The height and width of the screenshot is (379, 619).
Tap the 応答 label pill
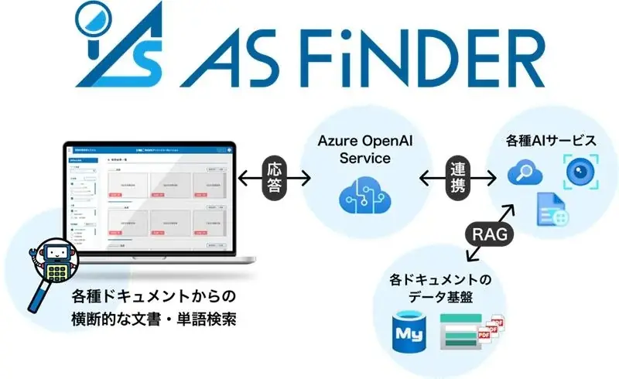[x=274, y=179]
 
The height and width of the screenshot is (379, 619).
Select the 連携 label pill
[x=457, y=179]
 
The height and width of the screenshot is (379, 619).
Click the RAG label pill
[x=489, y=233]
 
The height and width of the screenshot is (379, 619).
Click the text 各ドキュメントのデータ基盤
[x=441, y=287]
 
